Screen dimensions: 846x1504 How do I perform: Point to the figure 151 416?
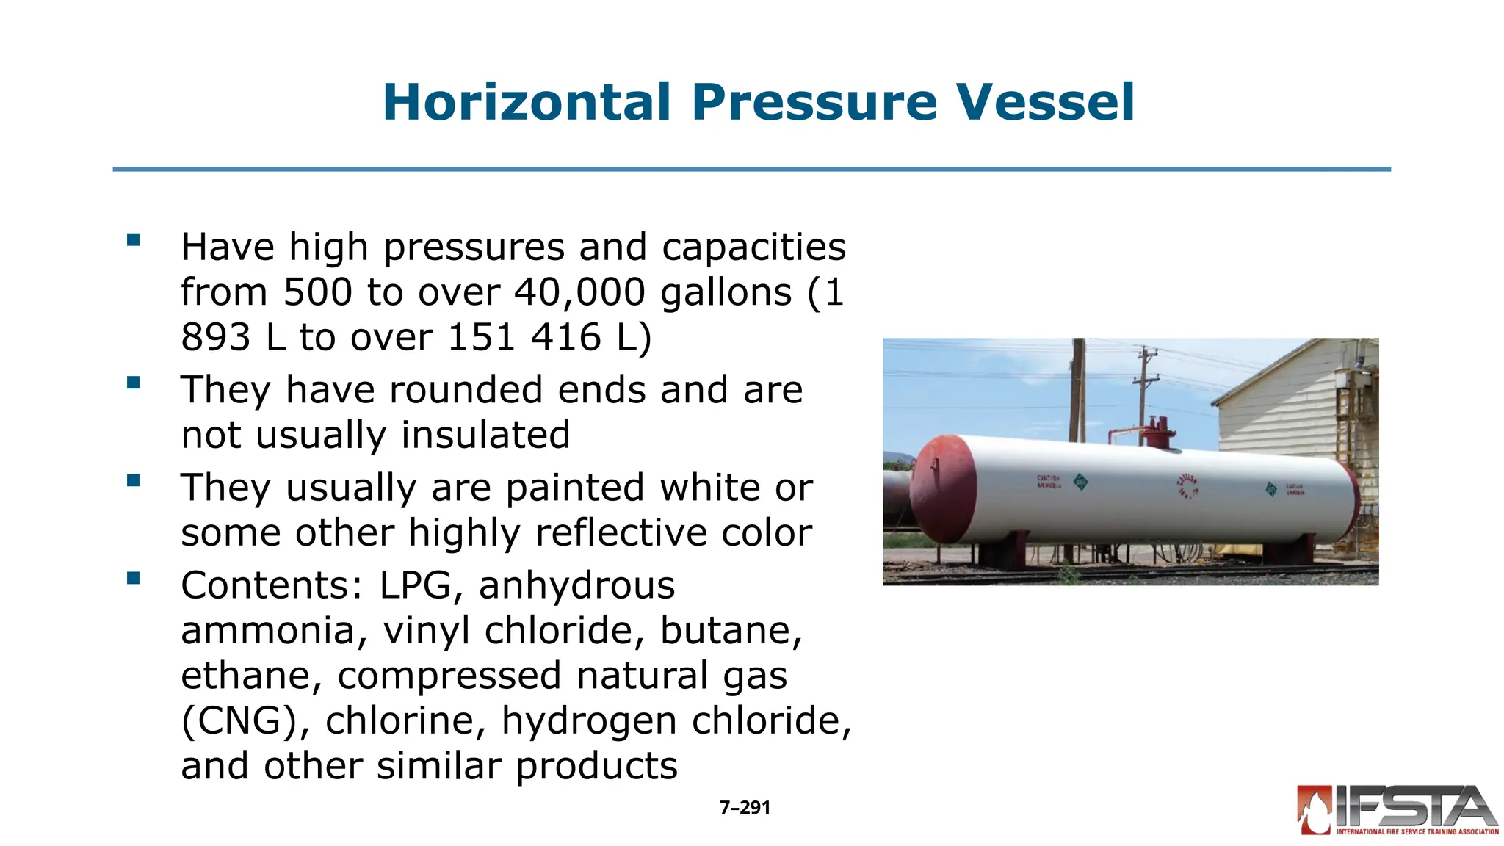524,338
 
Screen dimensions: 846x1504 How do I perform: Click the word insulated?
485,435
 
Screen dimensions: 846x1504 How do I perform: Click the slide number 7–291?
745,808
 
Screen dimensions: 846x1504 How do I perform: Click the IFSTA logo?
1397,810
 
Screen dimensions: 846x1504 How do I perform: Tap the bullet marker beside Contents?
133,578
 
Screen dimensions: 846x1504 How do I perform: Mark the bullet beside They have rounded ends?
133,382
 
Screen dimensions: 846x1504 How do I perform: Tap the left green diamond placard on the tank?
1080,482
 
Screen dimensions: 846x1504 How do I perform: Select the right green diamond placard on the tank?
1271,489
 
